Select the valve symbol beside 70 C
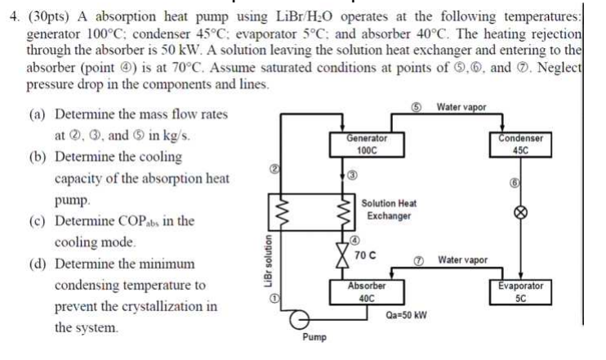click(x=342, y=254)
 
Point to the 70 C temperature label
click(x=365, y=254)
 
